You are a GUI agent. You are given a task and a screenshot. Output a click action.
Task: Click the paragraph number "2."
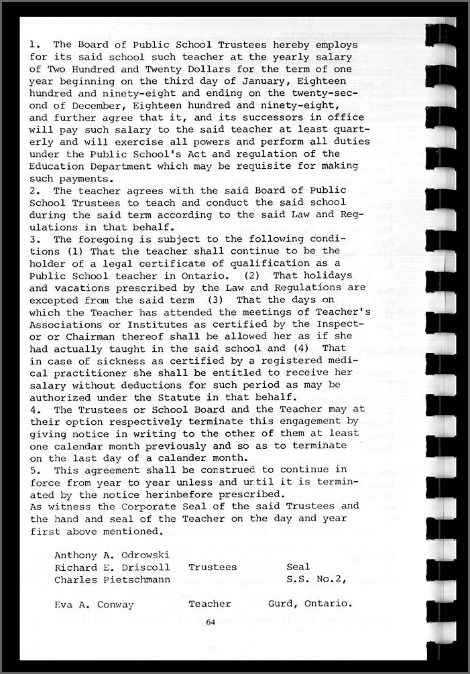(x=35, y=190)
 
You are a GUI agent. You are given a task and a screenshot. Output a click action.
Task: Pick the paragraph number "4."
(x=35, y=409)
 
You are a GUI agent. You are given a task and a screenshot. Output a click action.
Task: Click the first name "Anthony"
(x=78, y=555)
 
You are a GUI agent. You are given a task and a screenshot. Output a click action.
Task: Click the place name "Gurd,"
(x=283, y=604)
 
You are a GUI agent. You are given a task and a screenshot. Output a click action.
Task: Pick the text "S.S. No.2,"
(x=316, y=579)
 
